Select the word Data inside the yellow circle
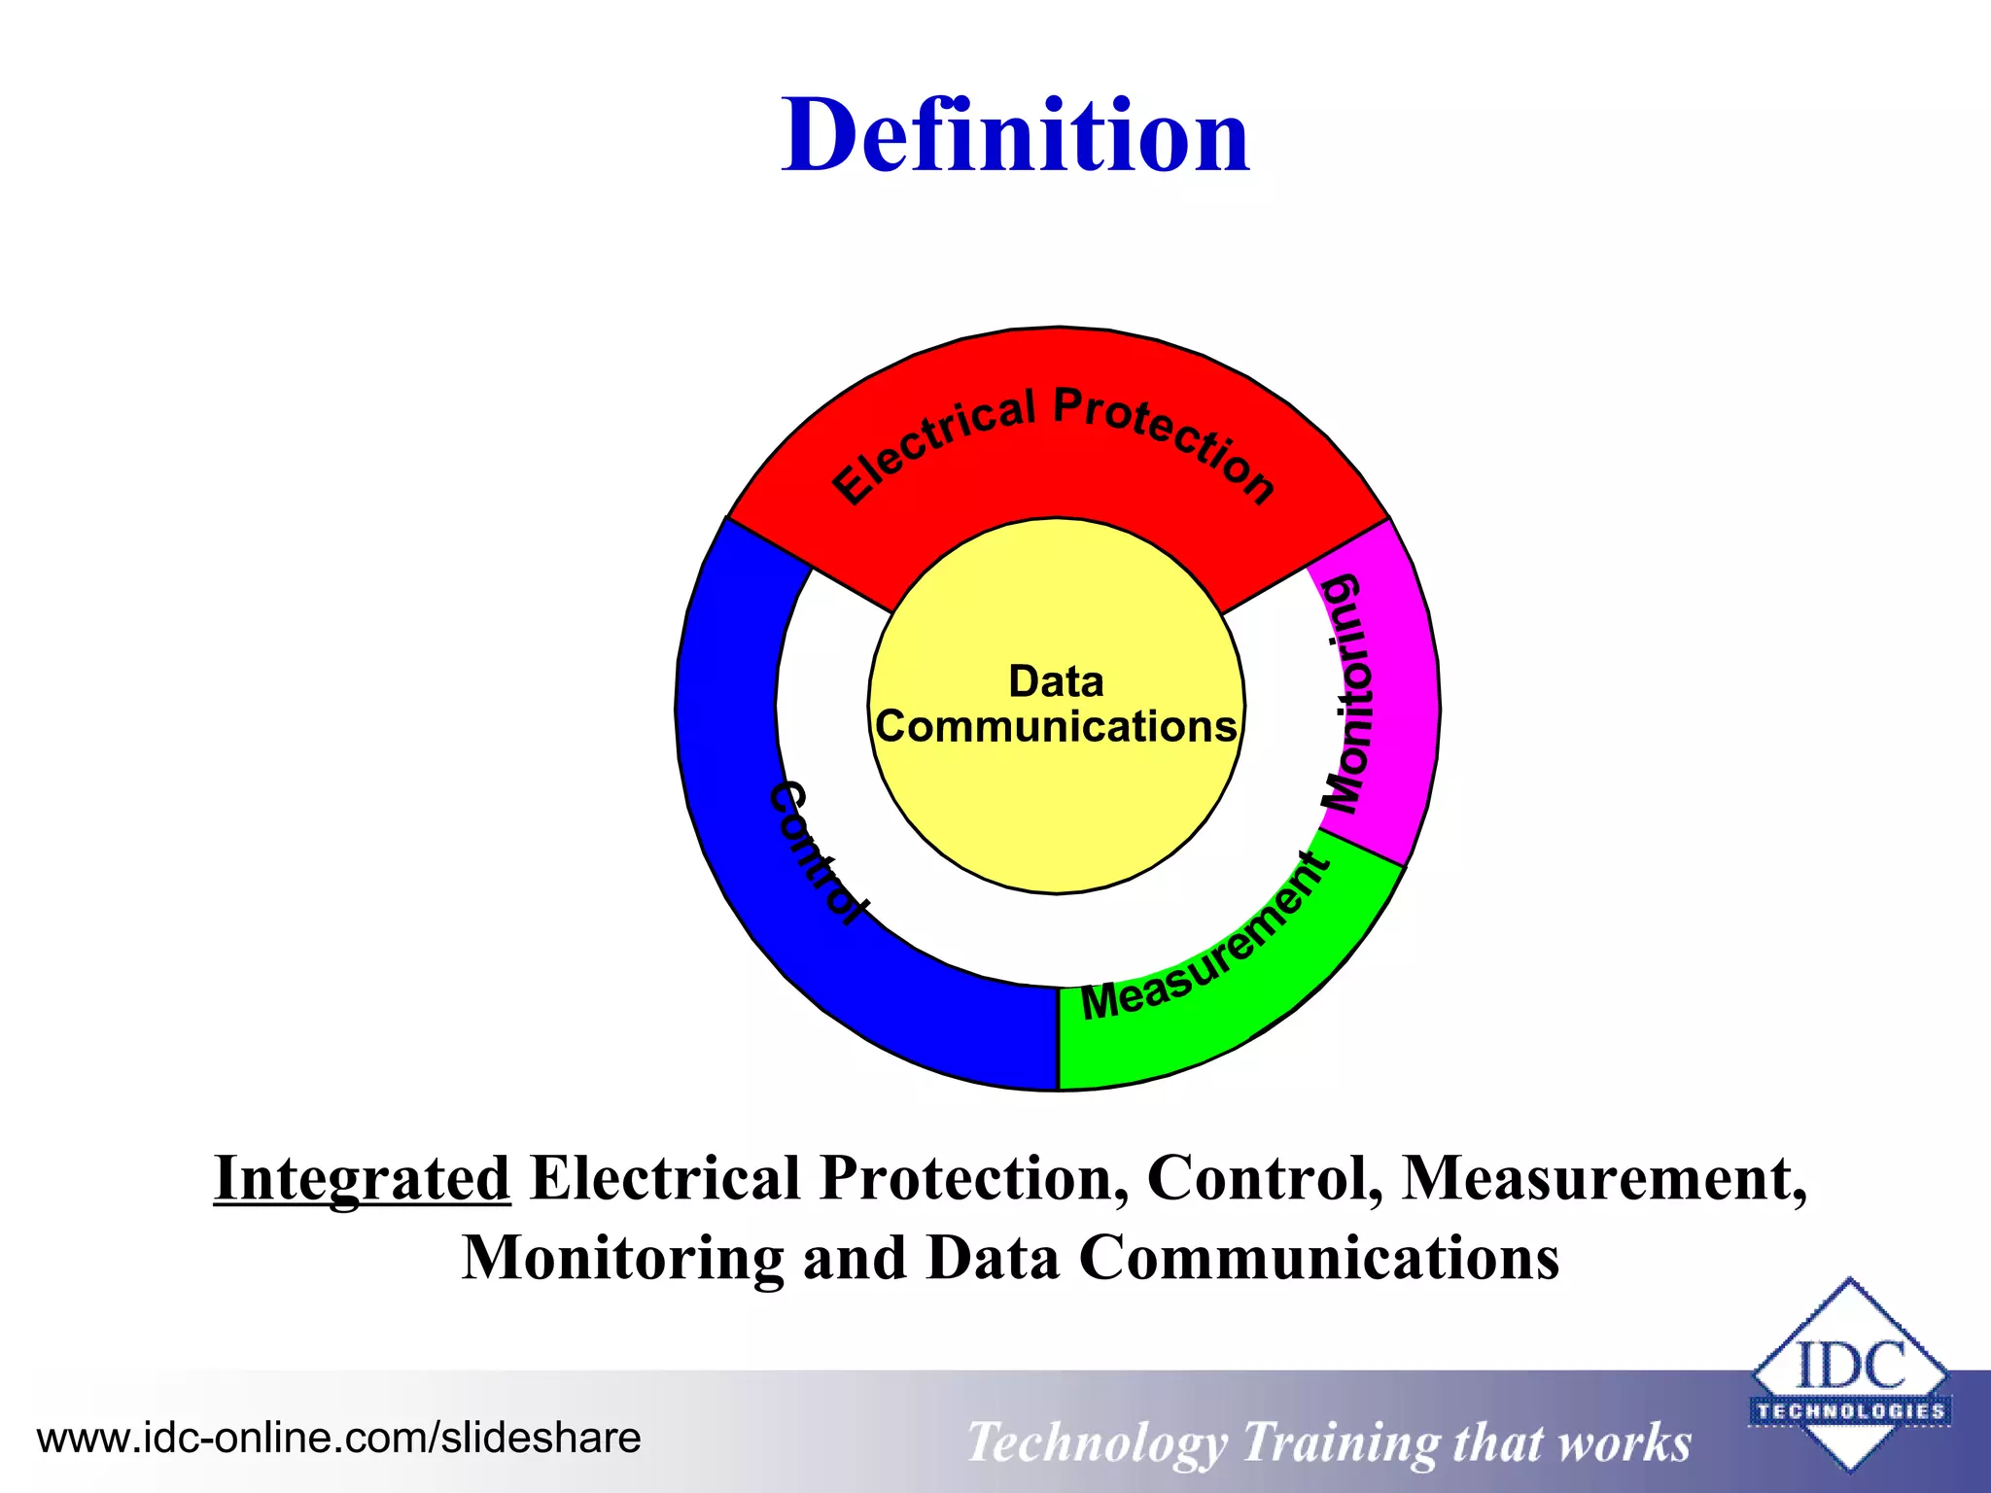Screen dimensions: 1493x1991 point(1056,681)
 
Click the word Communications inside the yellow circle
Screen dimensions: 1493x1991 point(1056,727)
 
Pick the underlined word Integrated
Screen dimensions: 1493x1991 point(362,1178)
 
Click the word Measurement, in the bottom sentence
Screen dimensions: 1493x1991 point(1603,1178)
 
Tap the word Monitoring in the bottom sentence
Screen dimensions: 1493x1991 point(622,1258)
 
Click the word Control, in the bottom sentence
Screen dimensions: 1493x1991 point(1264,1178)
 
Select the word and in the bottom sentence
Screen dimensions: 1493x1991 point(855,1258)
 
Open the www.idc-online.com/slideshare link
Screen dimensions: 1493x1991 point(338,1438)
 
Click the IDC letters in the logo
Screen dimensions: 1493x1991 point(1849,1365)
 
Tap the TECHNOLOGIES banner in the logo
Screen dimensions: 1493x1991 point(1850,1410)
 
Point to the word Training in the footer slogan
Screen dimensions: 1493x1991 point(1340,1442)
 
